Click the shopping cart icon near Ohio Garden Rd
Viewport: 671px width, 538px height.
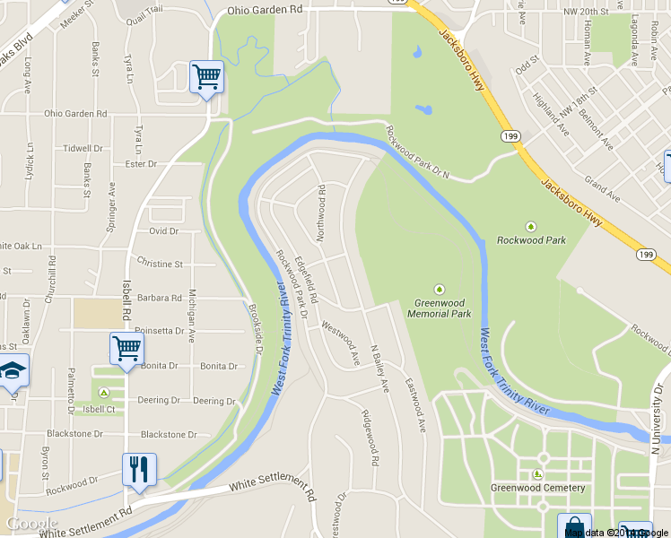coord(207,77)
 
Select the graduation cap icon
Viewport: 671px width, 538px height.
coord(13,369)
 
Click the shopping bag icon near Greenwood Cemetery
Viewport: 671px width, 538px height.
coord(573,527)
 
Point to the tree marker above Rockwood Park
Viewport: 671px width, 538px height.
coord(530,226)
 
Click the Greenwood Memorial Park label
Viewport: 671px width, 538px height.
coord(439,308)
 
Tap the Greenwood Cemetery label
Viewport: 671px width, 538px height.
coord(537,488)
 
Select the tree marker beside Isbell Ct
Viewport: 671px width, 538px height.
coord(104,393)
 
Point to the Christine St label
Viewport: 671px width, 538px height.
coord(160,265)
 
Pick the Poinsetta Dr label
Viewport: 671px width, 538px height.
coord(160,331)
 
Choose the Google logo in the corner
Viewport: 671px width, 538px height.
coord(30,524)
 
